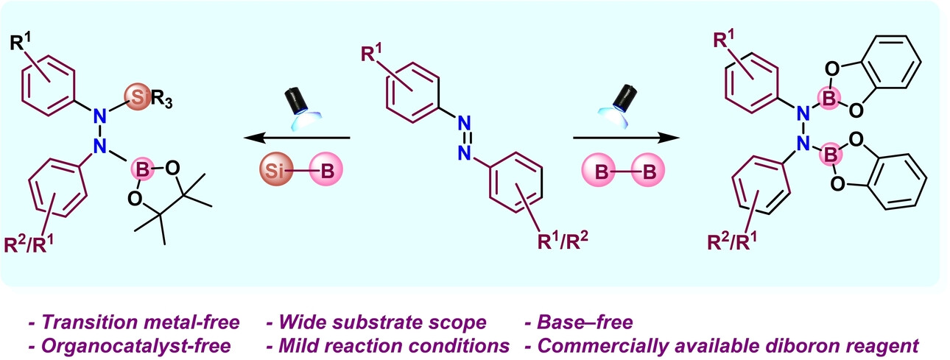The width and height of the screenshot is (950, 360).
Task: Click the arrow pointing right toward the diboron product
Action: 626,138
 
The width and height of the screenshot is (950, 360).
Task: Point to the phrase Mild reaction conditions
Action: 389,345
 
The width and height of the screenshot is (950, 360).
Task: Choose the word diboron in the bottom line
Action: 799,345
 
